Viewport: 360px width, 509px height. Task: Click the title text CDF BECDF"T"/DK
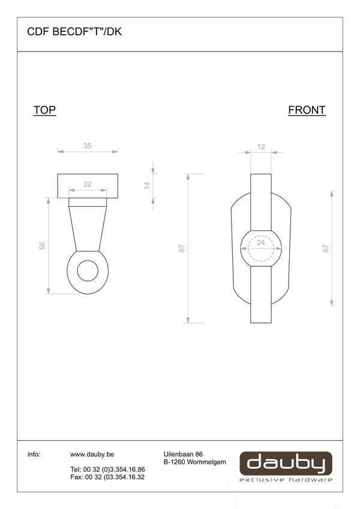[x=74, y=32]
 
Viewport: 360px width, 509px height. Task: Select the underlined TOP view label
[x=44, y=110]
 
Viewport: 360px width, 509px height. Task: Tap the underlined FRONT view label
[x=307, y=110]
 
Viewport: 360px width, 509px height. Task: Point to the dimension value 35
[x=88, y=146]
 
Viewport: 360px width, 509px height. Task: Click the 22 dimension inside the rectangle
[x=88, y=184]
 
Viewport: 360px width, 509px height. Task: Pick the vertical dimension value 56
[x=42, y=246]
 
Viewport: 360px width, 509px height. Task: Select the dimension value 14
[x=147, y=185]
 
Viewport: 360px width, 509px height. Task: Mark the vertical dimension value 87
[x=182, y=248]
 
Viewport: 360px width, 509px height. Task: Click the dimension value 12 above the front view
[x=261, y=147]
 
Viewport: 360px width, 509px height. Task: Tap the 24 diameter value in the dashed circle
[x=260, y=242]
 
